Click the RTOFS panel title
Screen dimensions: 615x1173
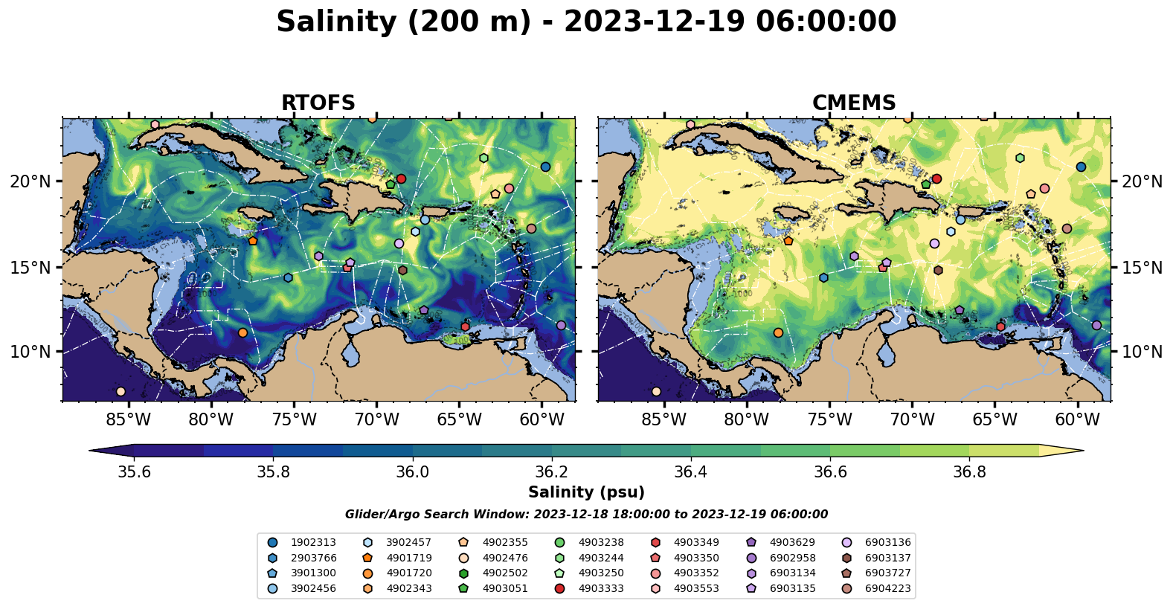[318, 103]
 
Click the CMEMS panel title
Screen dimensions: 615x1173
[854, 103]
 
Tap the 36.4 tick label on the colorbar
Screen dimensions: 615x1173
[690, 472]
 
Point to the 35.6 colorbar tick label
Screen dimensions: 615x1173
[134, 472]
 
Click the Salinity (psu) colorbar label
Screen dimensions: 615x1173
[586, 492]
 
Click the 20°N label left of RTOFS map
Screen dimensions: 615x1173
[30, 181]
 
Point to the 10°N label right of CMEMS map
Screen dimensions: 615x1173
[1142, 352]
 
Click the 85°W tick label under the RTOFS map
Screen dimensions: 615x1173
[129, 420]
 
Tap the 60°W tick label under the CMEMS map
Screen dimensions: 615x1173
[1078, 420]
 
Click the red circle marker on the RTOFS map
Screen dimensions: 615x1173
[401, 178]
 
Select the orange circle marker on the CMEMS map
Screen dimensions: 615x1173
[778, 333]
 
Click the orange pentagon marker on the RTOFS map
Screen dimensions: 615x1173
[253, 241]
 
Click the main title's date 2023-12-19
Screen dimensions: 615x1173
[654, 22]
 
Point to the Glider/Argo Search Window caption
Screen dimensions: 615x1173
[586, 515]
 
